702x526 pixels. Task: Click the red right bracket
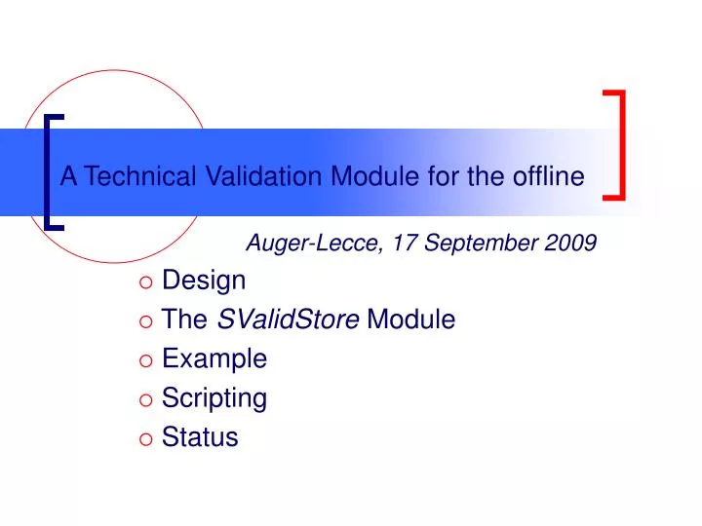point(618,145)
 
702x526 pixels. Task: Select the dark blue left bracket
point(51,171)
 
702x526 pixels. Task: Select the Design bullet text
point(204,281)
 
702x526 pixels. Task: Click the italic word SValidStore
point(288,319)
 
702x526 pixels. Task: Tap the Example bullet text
point(214,358)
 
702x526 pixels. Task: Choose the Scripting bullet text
point(214,398)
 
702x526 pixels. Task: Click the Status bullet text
point(200,437)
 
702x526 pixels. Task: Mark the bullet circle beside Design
point(146,282)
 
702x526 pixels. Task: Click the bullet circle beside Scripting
point(146,399)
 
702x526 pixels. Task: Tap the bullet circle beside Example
point(146,360)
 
